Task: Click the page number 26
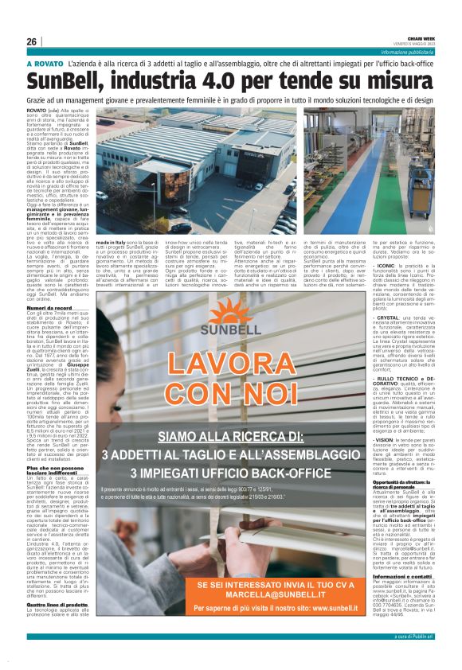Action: tap(32, 41)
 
